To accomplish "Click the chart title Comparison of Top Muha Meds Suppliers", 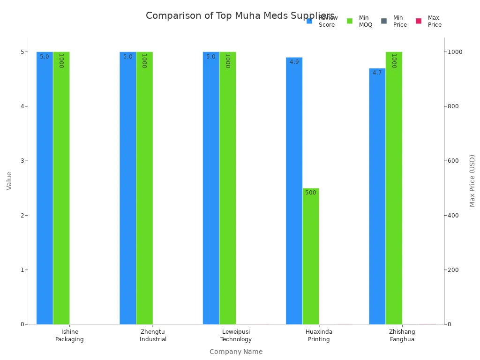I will click(x=240, y=16).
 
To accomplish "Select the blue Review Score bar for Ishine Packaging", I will click(x=45, y=187).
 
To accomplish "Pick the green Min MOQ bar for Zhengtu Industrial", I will click(x=144, y=187).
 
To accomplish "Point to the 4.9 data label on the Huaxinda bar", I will click(x=294, y=62).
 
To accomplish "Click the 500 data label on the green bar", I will click(x=311, y=193).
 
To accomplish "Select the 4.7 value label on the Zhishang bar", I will click(x=377, y=73).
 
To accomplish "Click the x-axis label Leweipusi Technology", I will click(x=236, y=336).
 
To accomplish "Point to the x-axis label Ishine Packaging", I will click(x=69, y=336).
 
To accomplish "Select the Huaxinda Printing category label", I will click(x=319, y=336).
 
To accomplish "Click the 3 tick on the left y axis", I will click(x=22, y=161).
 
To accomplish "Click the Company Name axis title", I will click(x=236, y=352).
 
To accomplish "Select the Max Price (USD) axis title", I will click(x=472, y=180).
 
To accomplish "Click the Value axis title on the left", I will click(x=9, y=180).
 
